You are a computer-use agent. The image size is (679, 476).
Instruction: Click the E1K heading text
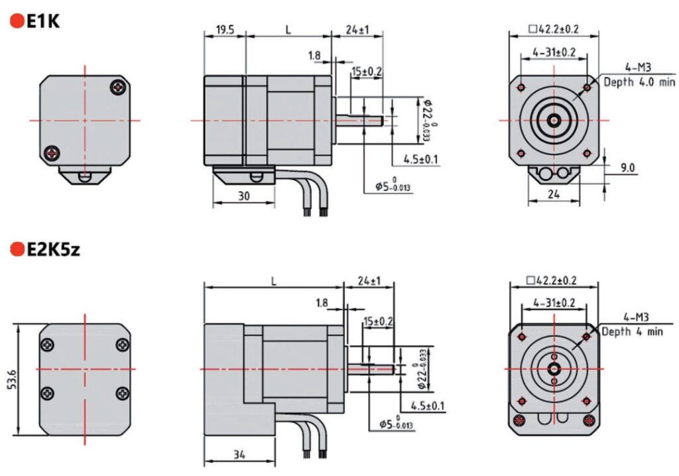pyautogui.click(x=43, y=21)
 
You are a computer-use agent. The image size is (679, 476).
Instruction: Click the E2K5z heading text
pyautogui.click(x=53, y=249)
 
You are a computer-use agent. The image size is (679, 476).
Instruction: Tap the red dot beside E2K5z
pyautogui.click(x=16, y=249)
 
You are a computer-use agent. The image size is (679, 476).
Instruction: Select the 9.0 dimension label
pyautogui.click(x=627, y=168)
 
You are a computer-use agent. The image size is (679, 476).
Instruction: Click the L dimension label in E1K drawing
pyautogui.click(x=288, y=30)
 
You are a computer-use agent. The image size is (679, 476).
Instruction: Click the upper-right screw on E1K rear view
pyautogui.click(x=118, y=86)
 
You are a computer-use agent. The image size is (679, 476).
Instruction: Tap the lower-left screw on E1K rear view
pyautogui.click(x=52, y=154)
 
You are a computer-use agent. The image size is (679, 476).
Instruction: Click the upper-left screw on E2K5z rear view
pyautogui.click(x=48, y=345)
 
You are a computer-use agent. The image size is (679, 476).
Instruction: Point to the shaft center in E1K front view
pyautogui.click(x=554, y=121)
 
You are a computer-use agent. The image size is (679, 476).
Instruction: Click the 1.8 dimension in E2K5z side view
pyautogui.click(x=322, y=303)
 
